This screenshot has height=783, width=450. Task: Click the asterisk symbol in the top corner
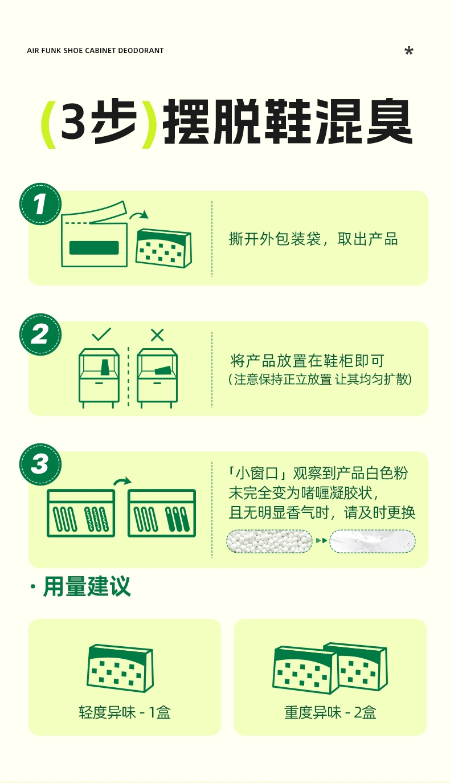[409, 51]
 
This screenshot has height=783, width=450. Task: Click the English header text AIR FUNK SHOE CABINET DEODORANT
[95, 51]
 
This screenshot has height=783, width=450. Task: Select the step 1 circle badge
[40, 204]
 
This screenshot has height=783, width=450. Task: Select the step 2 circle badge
[40, 335]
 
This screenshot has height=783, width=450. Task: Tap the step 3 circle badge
[40, 464]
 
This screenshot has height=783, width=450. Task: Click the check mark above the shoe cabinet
[101, 335]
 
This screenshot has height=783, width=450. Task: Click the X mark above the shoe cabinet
[157, 335]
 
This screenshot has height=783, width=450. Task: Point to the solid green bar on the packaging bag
[94, 248]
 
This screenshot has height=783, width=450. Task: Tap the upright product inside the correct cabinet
[105, 367]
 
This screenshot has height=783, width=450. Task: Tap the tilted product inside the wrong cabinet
[163, 370]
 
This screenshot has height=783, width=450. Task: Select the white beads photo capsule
[269, 541]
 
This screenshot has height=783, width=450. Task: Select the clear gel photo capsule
[373, 541]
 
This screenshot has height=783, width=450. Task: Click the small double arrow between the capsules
[321, 541]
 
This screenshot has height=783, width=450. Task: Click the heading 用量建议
[87, 586]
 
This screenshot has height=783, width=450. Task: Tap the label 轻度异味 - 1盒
[124, 712]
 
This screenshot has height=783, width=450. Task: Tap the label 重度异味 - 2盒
[330, 712]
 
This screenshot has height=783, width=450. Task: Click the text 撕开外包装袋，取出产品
[313, 239]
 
